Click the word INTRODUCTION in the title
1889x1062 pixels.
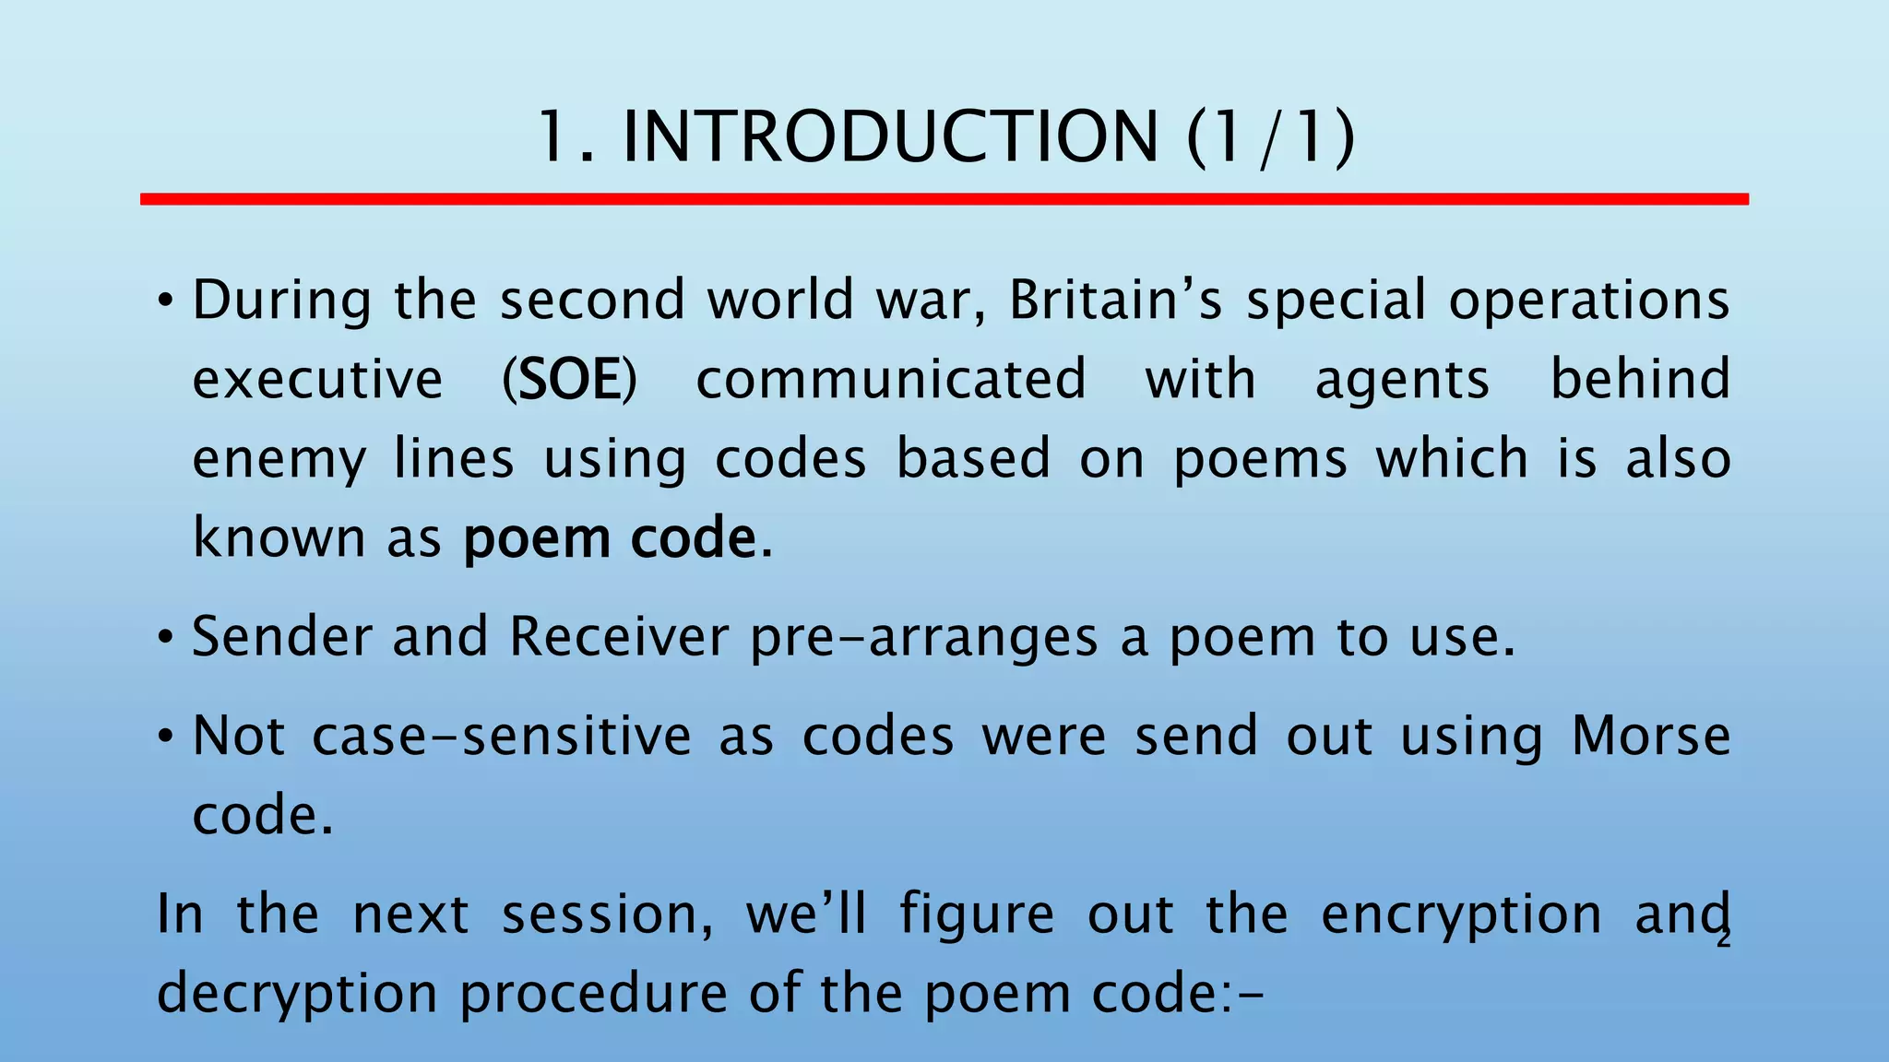click(890, 137)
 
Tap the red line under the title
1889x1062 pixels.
click(944, 199)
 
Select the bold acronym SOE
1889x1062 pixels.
click(569, 380)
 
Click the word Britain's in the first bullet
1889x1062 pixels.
click(1115, 301)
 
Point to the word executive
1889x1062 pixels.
click(317, 380)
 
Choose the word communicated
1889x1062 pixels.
click(891, 380)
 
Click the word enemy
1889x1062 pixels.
click(279, 460)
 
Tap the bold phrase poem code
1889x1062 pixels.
click(610, 538)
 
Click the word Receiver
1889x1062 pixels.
click(619, 637)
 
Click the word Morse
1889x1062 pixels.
click(1651, 737)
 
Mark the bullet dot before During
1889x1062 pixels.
click(165, 301)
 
